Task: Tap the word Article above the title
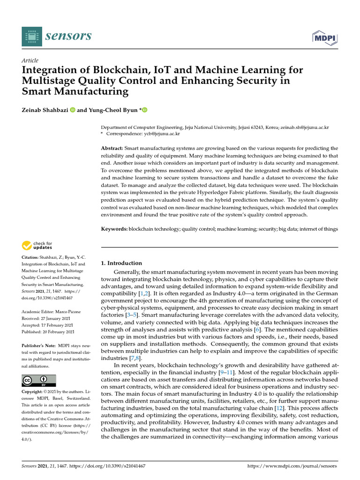point(30,60)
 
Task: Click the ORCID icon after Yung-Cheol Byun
point(144,110)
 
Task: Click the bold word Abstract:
point(112,148)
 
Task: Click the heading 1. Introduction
point(121,263)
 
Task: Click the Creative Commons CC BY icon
point(38,380)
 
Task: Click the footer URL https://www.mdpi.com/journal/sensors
point(292,466)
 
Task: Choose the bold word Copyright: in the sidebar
point(34,391)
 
